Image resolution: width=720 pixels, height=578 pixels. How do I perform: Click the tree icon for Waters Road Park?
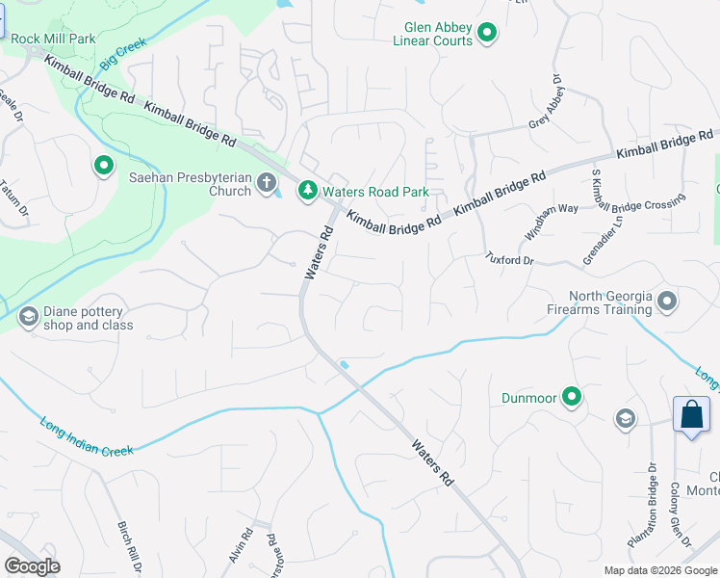pos(307,192)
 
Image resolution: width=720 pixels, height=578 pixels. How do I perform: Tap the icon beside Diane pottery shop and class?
pos(28,316)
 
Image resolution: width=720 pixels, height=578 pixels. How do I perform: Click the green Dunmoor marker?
pos(572,396)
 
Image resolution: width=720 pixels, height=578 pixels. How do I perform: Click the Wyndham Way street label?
pos(552,223)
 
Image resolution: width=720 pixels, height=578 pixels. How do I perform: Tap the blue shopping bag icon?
pos(691,415)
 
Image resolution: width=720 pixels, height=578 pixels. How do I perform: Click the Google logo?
pos(32,565)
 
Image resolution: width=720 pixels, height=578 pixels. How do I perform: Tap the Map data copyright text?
pos(659,570)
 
